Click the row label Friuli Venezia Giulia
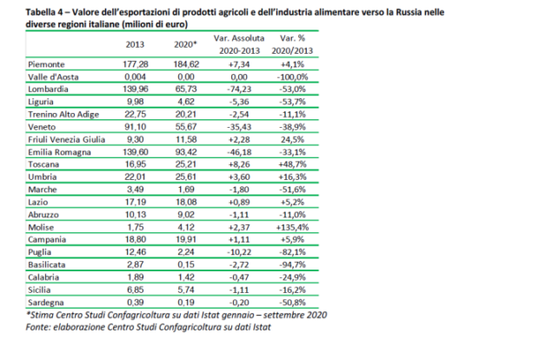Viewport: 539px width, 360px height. point(57,138)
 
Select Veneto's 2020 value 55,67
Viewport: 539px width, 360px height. point(189,126)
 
